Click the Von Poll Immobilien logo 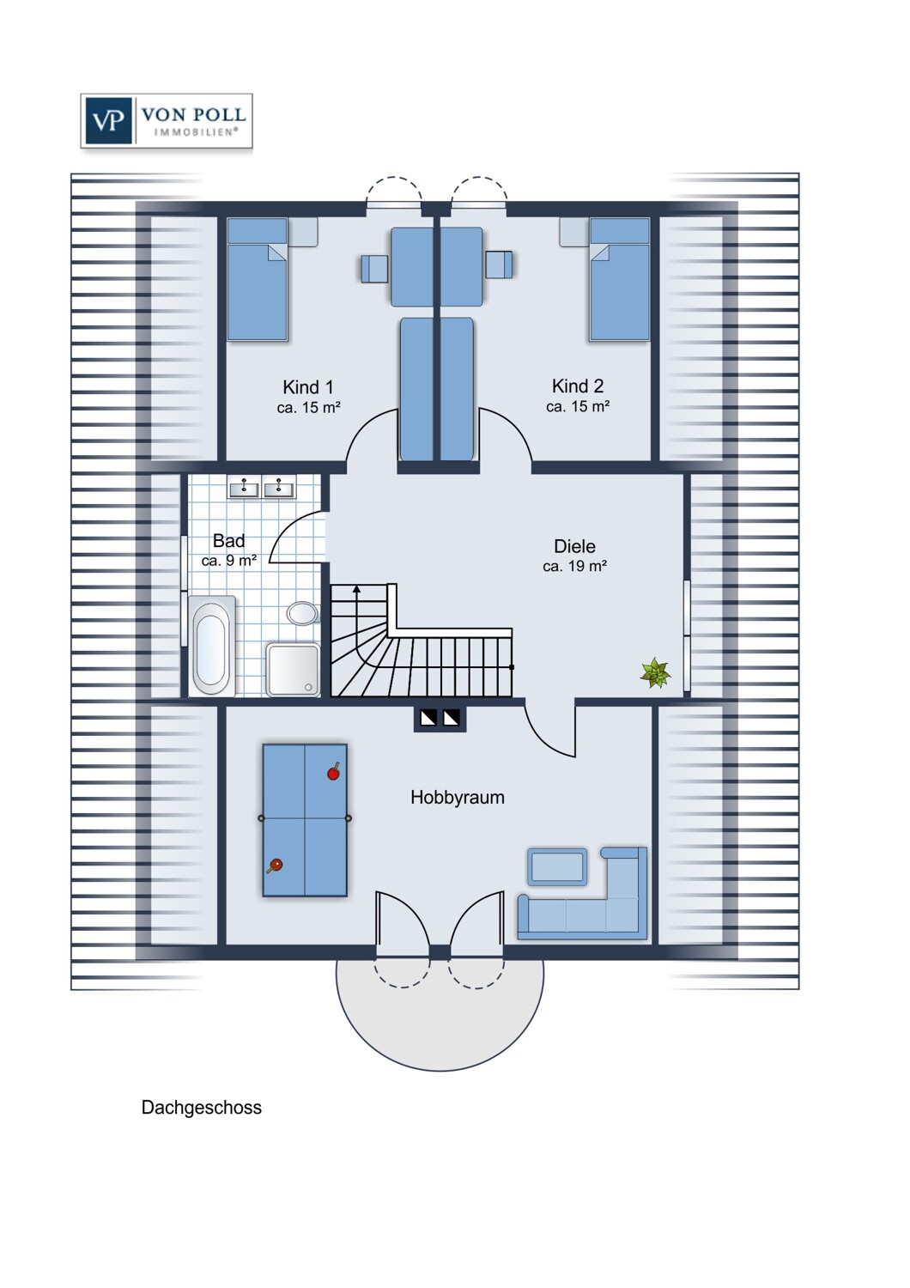coord(167,121)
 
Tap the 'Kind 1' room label coord(308,387)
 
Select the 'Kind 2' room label coord(578,386)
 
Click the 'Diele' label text coord(574,546)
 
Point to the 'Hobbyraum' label coord(457,798)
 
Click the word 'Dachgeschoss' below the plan coord(201,1108)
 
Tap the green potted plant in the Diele coord(655,673)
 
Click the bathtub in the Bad coord(212,646)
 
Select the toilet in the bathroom coord(302,613)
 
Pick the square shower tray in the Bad coord(293,669)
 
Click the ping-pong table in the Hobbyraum coord(305,820)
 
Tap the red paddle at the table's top coord(334,772)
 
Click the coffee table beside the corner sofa coord(557,867)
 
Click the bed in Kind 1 coord(257,279)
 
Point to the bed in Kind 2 coord(619,279)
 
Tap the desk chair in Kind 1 coord(375,269)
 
